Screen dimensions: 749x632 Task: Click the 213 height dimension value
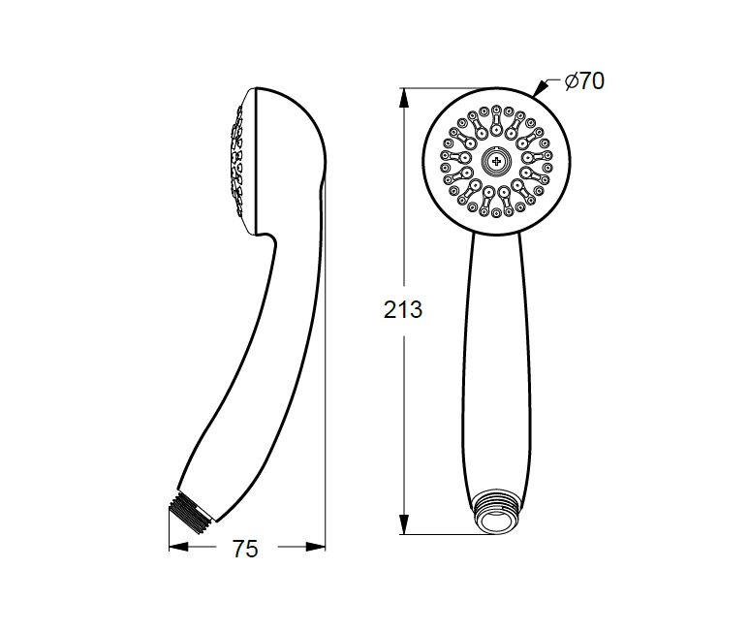click(403, 310)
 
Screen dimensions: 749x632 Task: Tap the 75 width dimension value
click(245, 549)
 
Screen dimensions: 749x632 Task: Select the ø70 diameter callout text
click(584, 80)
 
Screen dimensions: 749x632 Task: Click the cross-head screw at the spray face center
click(496, 161)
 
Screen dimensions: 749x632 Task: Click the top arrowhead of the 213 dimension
click(404, 98)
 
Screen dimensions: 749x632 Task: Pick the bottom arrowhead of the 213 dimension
click(404, 524)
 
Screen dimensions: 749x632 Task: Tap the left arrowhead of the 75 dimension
click(178, 547)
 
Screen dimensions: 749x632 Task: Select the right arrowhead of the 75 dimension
click(316, 547)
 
